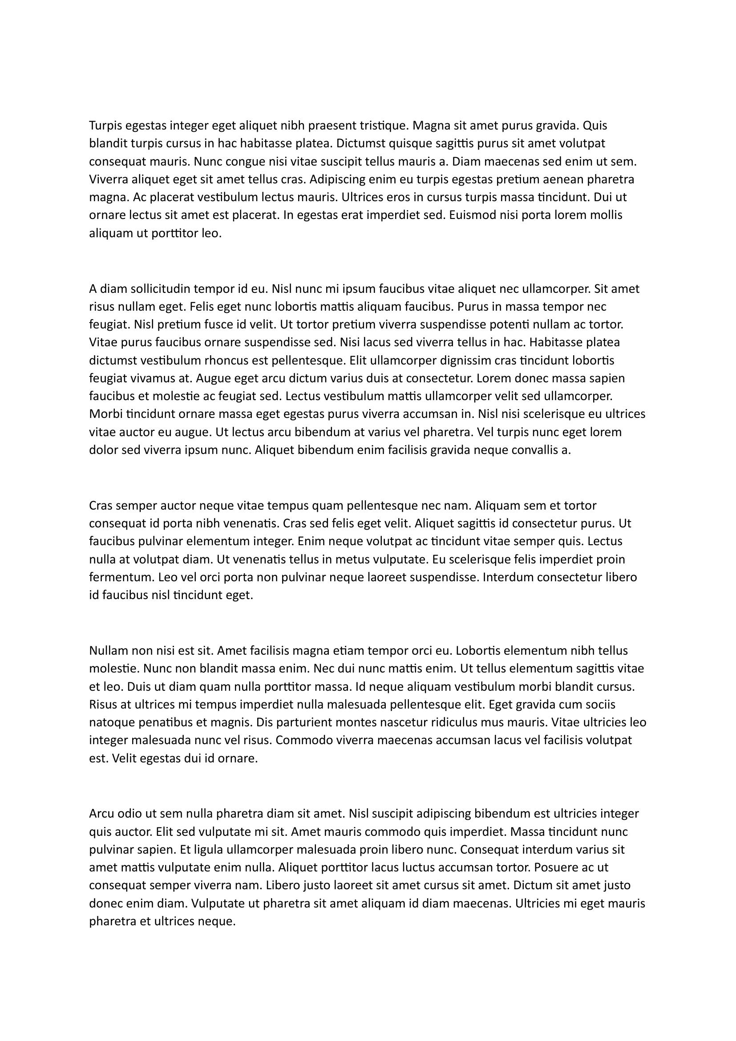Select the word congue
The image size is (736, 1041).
click(x=244, y=162)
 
